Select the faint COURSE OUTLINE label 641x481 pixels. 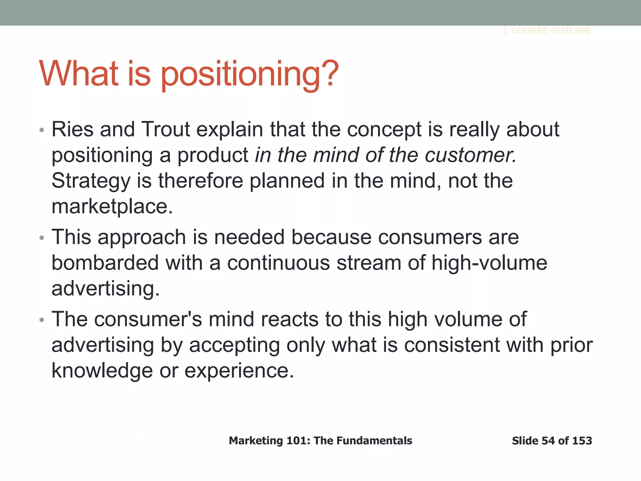[551, 31]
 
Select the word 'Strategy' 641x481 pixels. [91, 181]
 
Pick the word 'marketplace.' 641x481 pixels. [112, 207]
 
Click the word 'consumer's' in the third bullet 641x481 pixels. [148, 319]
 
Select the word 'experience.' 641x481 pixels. [239, 370]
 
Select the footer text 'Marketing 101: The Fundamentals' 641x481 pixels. [320, 441]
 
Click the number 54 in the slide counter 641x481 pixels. [548, 441]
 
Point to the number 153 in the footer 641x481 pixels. [582, 441]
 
